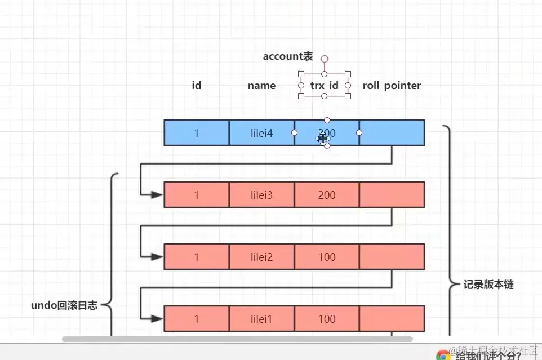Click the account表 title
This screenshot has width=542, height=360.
[288, 56]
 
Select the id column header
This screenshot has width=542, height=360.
[197, 86]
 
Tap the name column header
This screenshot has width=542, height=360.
[261, 86]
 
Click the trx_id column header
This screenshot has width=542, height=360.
[325, 86]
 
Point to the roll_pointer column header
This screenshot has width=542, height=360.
[392, 86]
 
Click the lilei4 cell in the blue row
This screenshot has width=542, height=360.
[261, 133]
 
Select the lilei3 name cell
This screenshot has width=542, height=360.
[261, 195]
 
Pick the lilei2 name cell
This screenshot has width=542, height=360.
[261, 257]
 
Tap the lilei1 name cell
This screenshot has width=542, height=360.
[261, 319]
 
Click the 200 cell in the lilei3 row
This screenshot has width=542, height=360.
[327, 195]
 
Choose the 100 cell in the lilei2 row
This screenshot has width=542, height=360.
[327, 257]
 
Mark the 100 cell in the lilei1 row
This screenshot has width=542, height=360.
[327, 319]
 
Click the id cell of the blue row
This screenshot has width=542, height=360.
[197, 133]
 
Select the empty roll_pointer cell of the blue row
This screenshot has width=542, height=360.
[392, 133]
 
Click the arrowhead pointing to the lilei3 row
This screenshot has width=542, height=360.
[156, 195]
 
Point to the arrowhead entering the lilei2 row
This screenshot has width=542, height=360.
[156, 257]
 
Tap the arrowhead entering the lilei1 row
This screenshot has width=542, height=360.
[156, 319]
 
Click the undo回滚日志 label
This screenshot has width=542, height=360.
[64, 306]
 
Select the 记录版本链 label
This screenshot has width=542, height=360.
[488, 285]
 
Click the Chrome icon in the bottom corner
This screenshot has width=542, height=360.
[443, 355]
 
